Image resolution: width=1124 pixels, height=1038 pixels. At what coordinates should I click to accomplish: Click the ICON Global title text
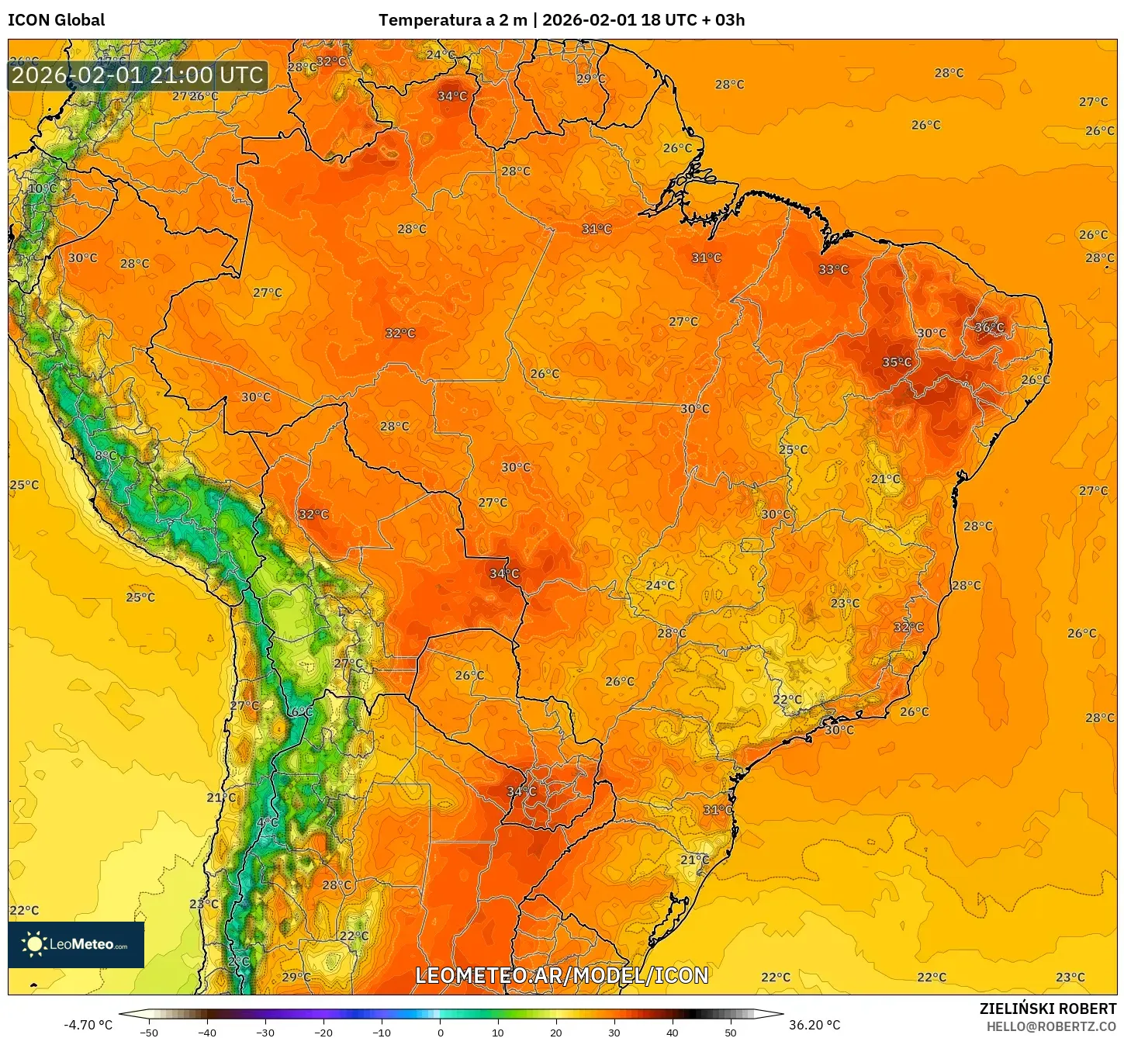[x=56, y=20]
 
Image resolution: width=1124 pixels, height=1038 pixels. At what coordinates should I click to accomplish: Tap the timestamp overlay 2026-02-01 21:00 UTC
[x=137, y=76]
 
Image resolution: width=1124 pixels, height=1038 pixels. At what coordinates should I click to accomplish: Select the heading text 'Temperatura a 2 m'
[x=452, y=20]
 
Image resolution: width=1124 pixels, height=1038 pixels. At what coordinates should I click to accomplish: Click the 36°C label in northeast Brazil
[x=989, y=327]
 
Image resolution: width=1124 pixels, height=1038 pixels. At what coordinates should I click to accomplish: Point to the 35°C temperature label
[x=897, y=362]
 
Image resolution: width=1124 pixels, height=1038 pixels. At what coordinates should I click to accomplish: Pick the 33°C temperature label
[x=833, y=270]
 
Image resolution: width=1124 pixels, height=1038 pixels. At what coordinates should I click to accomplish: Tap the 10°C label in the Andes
[x=42, y=189]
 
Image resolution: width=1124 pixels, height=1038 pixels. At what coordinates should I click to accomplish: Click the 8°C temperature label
[x=105, y=455]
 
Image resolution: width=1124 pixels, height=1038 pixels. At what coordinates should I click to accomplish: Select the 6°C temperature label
[x=302, y=711]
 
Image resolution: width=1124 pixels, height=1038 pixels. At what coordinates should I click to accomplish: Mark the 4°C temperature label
[x=267, y=822]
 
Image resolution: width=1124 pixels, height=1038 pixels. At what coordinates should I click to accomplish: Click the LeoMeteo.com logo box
[x=76, y=944]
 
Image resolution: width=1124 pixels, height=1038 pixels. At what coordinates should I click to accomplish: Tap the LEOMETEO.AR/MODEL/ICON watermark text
[x=562, y=975]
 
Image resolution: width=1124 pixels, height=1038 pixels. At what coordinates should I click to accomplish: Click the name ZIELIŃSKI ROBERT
[x=1047, y=1009]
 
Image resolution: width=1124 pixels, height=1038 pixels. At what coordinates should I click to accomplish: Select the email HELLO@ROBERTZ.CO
[x=1051, y=1026]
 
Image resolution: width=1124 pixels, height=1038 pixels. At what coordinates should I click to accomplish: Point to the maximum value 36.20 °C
[x=814, y=1025]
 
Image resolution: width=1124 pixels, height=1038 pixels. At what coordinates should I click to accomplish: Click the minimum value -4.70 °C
[x=88, y=1025]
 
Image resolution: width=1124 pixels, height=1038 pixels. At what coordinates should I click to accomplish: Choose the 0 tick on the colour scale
[x=440, y=1033]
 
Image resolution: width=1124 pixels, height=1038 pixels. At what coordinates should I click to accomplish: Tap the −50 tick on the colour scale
[x=148, y=1033]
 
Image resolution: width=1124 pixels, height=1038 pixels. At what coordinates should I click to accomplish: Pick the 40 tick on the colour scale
[x=672, y=1033]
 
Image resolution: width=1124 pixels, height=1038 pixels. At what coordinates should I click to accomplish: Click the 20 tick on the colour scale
[x=556, y=1033]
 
